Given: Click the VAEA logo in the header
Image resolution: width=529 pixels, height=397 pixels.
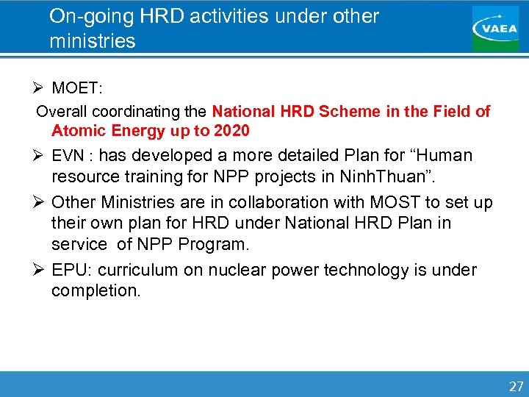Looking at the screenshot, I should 494,28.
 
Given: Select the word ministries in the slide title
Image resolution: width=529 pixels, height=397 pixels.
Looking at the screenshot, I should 93,41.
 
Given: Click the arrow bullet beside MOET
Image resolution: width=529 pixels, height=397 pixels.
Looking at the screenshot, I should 40,89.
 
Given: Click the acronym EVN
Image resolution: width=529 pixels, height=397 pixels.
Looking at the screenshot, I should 67,157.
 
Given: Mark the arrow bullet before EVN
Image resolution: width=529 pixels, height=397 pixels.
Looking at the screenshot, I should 40,156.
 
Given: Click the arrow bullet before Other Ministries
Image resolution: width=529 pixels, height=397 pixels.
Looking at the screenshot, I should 40,202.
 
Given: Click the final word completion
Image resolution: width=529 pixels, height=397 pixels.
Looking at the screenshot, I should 96,290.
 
